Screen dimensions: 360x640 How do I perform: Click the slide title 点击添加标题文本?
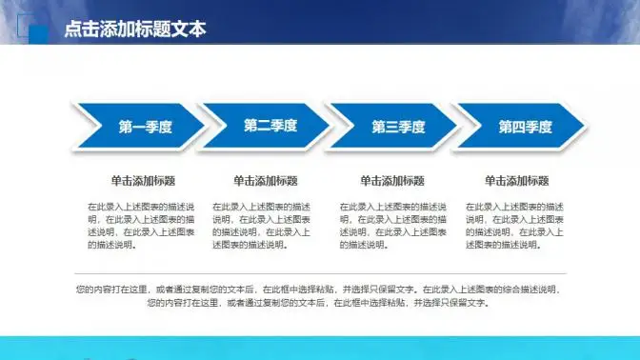(x=134, y=30)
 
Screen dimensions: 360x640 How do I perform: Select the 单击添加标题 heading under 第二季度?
(x=265, y=181)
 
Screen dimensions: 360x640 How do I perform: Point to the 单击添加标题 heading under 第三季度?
(x=392, y=181)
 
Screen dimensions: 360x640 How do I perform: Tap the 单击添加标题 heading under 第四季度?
(x=517, y=181)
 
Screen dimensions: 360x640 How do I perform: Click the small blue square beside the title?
(x=39, y=34)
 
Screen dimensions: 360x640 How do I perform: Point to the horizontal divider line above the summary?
(x=319, y=274)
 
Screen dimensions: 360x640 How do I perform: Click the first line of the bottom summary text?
(x=319, y=289)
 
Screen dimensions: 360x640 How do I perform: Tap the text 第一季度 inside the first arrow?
(x=145, y=127)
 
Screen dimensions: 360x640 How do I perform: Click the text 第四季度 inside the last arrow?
(x=526, y=127)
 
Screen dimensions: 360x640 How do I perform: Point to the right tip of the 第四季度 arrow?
(x=586, y=127)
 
